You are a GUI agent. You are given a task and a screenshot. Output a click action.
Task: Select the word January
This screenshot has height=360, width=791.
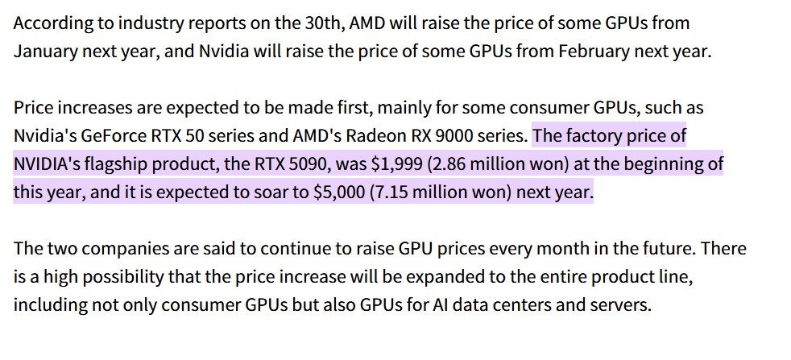(x=46, y=51)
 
